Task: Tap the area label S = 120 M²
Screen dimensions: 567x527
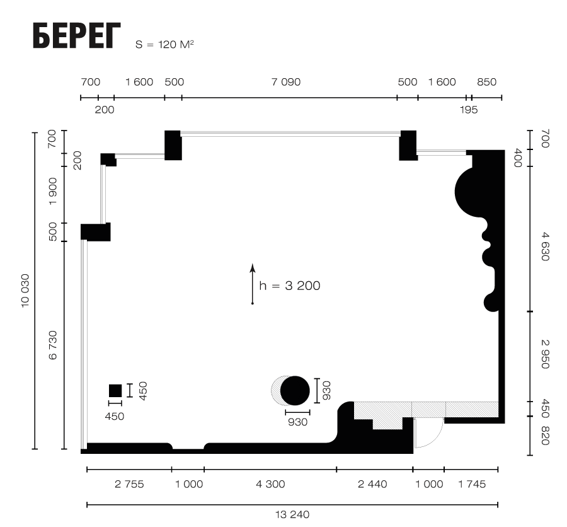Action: click(164, 44)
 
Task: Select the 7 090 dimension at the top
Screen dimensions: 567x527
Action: click(286, 82)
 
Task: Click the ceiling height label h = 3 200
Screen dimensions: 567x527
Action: click(290, 286)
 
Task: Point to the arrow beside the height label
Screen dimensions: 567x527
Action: click(253, 284)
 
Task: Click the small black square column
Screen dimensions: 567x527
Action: click(115, 391)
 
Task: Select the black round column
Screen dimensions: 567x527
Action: click(295, 391)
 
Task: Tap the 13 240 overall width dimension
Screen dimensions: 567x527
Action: click(292, 514)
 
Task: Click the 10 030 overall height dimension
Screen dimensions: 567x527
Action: click(25, 291)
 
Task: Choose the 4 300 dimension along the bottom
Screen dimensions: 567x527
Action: click(270, 484)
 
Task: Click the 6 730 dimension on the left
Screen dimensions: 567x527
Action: click(53, 345)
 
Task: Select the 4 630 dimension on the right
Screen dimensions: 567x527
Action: click(545, 246)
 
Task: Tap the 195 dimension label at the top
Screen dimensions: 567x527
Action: click(469, 110)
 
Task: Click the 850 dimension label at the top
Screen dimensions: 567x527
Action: click(487, 82)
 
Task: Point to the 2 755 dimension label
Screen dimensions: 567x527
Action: click(129, 484)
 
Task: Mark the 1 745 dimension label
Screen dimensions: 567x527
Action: click(472, 484)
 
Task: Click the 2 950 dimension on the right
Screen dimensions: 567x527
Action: click(545, 354)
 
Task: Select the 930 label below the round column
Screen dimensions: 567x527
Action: click(297, 422)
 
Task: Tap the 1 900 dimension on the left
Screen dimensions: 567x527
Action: click(53, 191)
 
